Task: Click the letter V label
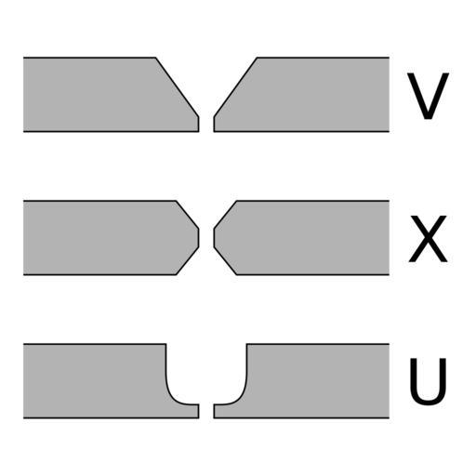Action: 428,96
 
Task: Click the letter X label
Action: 428,239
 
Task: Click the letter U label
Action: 428,381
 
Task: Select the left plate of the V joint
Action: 102,95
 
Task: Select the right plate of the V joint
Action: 310,95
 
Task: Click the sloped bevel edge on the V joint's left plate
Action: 178,87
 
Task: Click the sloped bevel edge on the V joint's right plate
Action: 235,87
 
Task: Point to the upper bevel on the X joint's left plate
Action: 188,215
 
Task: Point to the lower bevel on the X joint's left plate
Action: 188,261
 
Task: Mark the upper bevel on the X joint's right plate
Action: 225,215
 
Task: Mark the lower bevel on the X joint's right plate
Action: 225,261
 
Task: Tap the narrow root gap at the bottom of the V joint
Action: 206,125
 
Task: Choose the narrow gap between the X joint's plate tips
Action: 206,238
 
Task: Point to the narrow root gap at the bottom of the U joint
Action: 206,411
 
